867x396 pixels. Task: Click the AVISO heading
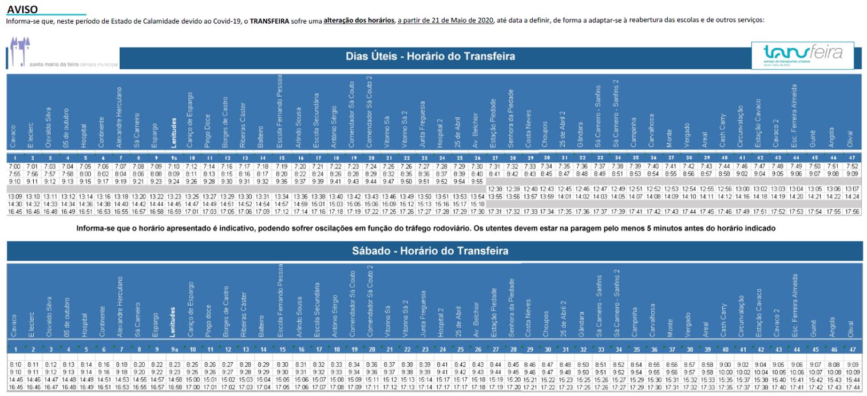(x=22, y=9)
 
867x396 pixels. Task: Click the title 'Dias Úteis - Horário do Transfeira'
(x=430, y=56)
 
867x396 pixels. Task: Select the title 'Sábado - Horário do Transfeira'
(x=430, y=250)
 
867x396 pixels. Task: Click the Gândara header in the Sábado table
(x=581, y=330)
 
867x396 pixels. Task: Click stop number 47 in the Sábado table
(x=852, y=350)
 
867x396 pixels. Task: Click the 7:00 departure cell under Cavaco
(x=14, y=166)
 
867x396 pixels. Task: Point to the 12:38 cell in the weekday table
(x=495, y=189)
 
